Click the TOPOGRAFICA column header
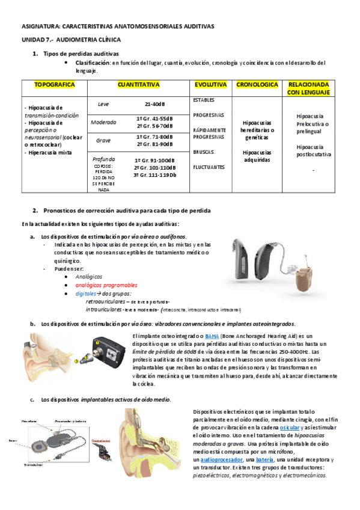55,85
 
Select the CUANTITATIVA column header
138,85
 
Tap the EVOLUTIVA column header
210,85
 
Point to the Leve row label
103,105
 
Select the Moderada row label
103,123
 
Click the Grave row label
103,140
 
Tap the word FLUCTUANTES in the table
210,167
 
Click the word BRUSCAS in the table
204,152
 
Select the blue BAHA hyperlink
212,336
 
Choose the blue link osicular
297,427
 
